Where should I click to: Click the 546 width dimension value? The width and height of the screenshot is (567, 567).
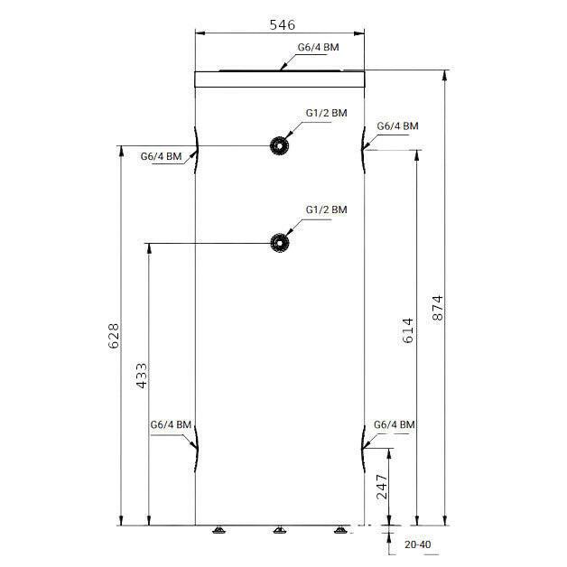coord(283,25)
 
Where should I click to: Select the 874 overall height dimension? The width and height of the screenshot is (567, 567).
coord(438,308)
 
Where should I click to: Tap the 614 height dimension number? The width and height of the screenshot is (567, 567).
coord(407,330)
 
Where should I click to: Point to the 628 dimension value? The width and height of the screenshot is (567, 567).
coord(114,336)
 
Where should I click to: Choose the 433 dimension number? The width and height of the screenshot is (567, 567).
coord(142,376)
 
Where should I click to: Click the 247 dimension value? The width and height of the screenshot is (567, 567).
coord(382,487)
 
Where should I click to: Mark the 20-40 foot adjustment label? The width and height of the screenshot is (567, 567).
coord(418,544)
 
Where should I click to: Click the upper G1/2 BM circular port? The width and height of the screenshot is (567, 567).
coord(279,145)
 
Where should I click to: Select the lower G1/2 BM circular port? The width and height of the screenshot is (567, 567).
coord(280,243)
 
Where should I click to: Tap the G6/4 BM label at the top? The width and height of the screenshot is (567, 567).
coord(318,47)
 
